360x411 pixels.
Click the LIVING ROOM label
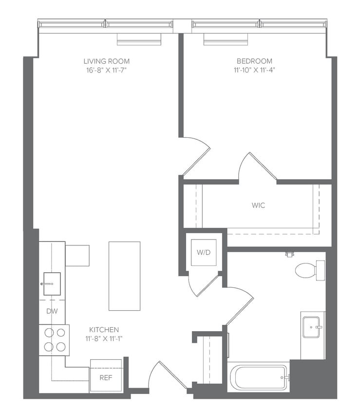point(106,61)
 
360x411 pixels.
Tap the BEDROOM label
point(254,61)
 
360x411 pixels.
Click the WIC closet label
point(258,205)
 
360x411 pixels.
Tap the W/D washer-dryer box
point(203,253)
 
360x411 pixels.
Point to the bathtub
point(259,377)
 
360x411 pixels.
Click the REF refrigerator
point(106,376)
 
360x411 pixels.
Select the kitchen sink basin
point(52,284)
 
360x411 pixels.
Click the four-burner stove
point(54,340)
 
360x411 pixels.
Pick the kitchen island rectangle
point(124,276)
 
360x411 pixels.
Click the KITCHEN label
point(104,330)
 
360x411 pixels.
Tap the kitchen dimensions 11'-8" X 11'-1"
point(104,338)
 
